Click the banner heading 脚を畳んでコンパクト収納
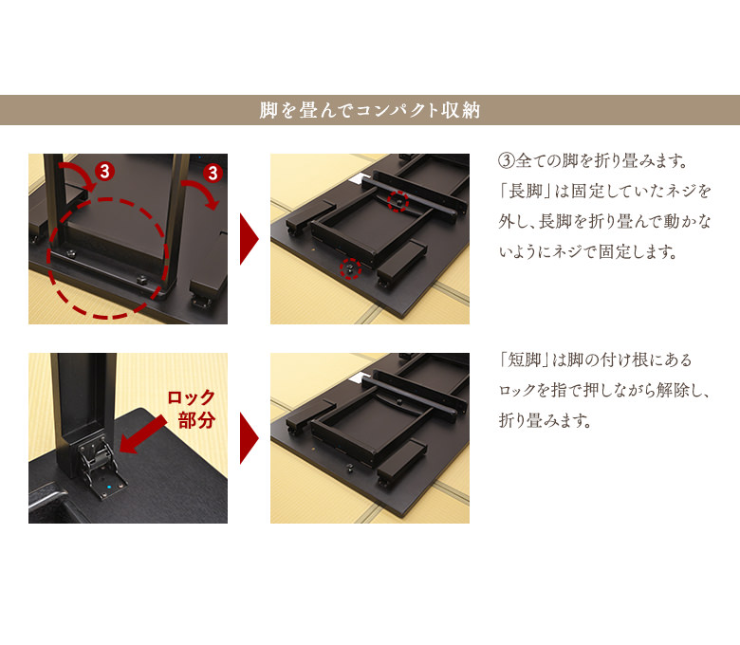(x=370, y=110)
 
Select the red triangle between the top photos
(x=249, y=239)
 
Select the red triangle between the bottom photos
(x=249, y=438)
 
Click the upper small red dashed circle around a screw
(x=399, y=201)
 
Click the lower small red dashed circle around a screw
(x=351, y=268)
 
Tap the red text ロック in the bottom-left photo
(x=192, y=397)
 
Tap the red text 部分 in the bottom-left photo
(x=196, y=420)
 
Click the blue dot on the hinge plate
(x=110, y=488)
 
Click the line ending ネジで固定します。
(x=587, y=253)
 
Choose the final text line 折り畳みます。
(x=545, y=420)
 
